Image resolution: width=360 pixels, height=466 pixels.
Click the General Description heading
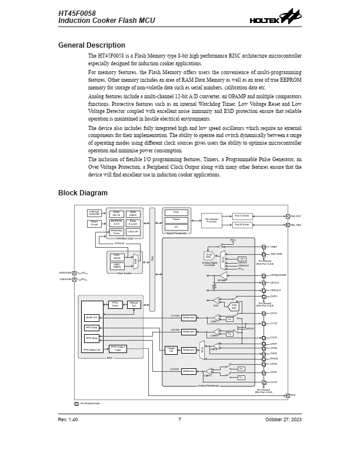92,45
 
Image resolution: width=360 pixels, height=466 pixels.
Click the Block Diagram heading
83,193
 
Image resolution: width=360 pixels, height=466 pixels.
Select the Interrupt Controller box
94,213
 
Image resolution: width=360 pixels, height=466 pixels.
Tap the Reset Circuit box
94,224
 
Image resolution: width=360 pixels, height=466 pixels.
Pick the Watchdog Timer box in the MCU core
116,232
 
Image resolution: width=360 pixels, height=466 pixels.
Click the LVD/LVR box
133,232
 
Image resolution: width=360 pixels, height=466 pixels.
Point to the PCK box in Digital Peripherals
176,212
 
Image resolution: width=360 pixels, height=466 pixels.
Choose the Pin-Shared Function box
211,221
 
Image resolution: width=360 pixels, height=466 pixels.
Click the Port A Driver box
242,216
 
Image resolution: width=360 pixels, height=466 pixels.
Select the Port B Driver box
242,225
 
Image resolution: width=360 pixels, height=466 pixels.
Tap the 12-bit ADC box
209,256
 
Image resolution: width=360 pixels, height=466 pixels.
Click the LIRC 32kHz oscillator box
116,257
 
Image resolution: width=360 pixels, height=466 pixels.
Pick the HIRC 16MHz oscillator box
116,266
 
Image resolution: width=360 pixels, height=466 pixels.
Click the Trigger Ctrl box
171,350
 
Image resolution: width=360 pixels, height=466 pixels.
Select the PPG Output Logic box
118,349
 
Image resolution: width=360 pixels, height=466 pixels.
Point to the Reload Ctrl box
134,304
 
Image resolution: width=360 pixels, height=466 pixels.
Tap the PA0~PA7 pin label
296,217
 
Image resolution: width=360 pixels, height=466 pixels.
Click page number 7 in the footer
179,420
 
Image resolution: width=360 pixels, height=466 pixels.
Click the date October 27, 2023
283,420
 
